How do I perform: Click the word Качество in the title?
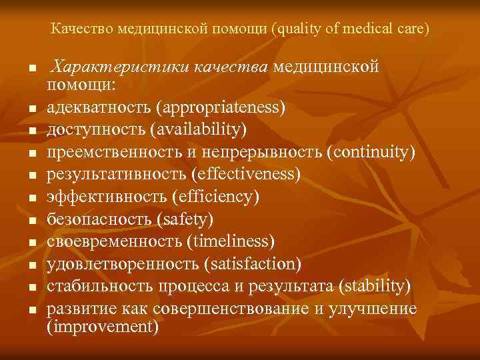pyautogui.click(x=81, y=29)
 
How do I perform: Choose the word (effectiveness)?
pyautogui.click(x=245, y=173)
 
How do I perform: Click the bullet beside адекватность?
pyautogui.click(x=31, y=109)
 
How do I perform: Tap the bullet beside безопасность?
pyautogui.click(x=31, y=220)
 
